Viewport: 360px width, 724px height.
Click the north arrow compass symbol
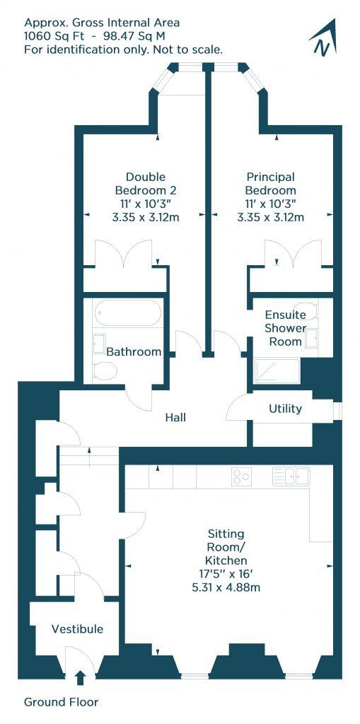pos(323,40)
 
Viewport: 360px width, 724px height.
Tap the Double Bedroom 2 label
pos(146,183)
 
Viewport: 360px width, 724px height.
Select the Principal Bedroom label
pos(270,183)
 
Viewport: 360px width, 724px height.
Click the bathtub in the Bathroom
pos(127,312)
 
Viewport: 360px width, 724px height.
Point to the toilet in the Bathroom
pos(105,369)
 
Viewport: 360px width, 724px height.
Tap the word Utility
pos(285,409)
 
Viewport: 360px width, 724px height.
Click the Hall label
pos(175,418)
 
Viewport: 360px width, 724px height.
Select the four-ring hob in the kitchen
pos(241,477)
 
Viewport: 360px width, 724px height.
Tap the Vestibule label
pos(77,629)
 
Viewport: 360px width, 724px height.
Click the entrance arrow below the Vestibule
pos(79,678)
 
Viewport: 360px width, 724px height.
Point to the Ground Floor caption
pos(61,702)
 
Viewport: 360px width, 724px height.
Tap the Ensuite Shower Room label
pos(285,328)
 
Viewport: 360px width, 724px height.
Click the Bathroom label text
pos(133,351)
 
